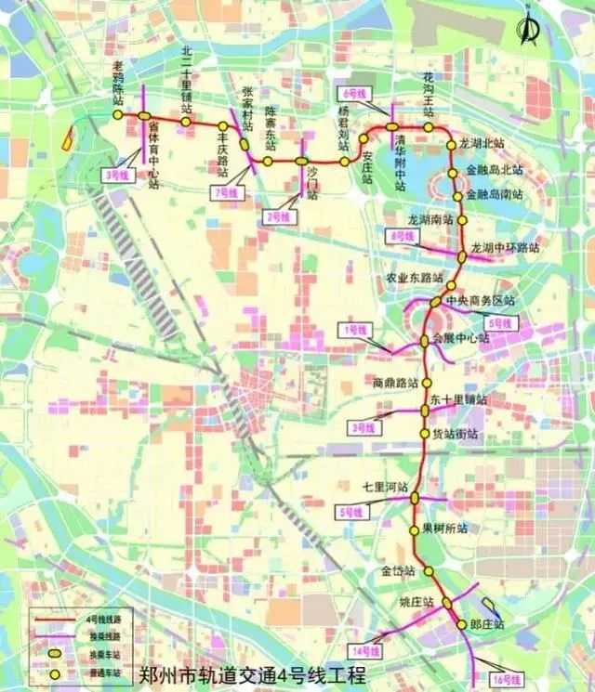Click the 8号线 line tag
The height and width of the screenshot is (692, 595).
(402, 237)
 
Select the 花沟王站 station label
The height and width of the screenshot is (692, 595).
(429, 97)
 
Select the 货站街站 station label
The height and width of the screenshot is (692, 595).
(454, 434)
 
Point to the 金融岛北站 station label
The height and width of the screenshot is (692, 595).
(495, 171)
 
